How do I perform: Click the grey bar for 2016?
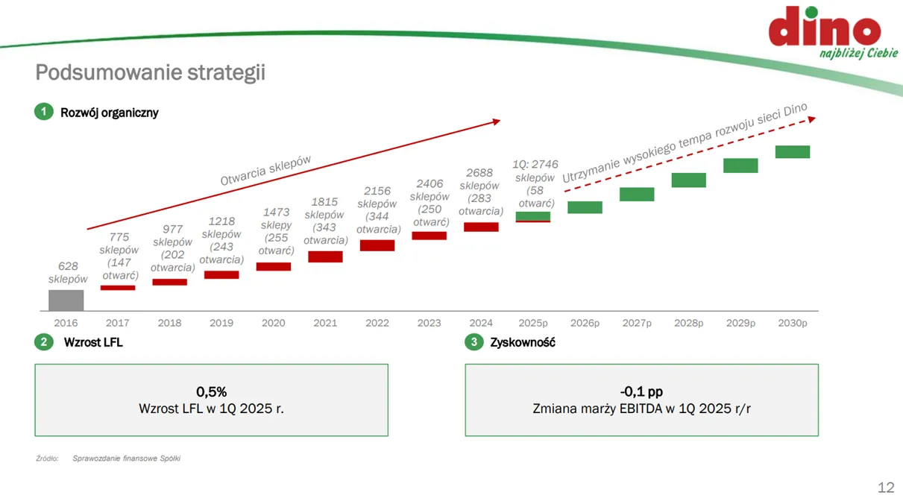66,300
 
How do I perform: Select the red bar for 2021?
325,256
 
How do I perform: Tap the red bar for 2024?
481,227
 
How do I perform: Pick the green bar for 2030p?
793,152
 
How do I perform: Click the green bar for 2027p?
637,195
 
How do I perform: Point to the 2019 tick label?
221,323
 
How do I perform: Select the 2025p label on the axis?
533,324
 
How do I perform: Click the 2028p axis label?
689,324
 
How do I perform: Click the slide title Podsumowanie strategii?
151,72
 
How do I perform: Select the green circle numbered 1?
44,112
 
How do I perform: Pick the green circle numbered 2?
44,342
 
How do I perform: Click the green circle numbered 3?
474,342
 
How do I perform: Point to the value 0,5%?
211,391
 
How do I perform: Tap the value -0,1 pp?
641,391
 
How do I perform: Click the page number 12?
886,488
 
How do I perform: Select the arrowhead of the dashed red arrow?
812,119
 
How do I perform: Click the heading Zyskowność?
523,343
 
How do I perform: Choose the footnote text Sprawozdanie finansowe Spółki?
127,459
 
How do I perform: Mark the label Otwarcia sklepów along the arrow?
265,171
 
